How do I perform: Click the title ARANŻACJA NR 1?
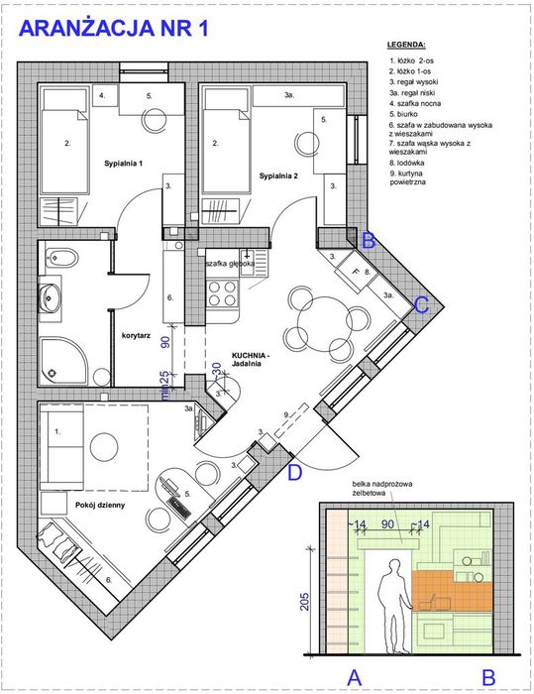point(113,29)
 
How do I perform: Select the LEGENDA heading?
point(406,45)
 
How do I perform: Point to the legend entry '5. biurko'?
point(403,114)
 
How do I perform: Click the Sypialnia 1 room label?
point(124,164)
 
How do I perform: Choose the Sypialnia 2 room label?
point(278,176)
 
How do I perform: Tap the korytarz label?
point(136,335)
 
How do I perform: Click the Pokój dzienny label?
point(100,505)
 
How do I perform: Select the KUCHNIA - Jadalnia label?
point(250,359)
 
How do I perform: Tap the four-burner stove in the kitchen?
point(222,293)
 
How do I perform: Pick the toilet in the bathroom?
point(61,257)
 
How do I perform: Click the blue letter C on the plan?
point(421,305)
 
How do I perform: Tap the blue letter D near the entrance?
point(295,473)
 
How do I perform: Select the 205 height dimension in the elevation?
point(305,602)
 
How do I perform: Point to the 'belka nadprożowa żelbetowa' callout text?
point(381,488)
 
